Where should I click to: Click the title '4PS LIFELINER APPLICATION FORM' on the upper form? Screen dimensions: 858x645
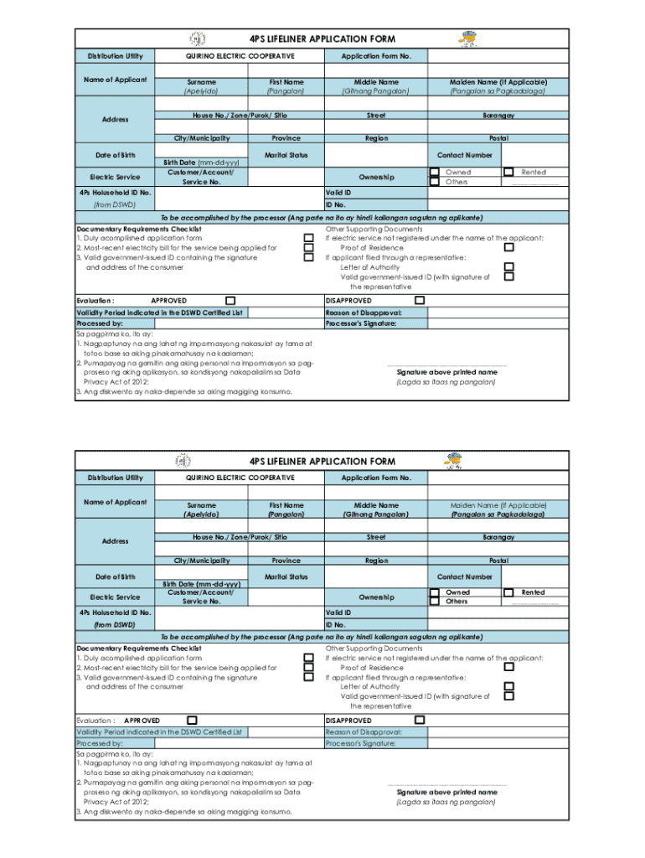(322, 39)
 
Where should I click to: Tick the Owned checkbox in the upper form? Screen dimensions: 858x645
(434, 172)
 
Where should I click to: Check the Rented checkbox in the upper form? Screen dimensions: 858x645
(508, 172)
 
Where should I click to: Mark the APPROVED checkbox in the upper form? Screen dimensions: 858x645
(230, 301)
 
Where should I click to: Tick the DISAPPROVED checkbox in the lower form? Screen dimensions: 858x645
(420, 720)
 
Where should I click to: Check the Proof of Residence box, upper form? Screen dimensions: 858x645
(508, 248)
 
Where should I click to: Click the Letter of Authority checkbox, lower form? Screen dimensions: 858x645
(508, 686)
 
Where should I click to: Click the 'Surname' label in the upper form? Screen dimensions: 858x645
(201, 82)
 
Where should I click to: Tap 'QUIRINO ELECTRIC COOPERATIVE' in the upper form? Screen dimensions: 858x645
(240, 56)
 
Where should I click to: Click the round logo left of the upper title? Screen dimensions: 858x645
(196, 39)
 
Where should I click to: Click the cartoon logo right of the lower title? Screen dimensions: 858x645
(456, 460)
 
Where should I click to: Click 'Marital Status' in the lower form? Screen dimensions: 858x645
(286, 576)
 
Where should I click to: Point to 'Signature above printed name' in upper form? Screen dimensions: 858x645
(446, 372)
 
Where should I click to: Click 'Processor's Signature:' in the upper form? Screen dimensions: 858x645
(361, 323)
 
